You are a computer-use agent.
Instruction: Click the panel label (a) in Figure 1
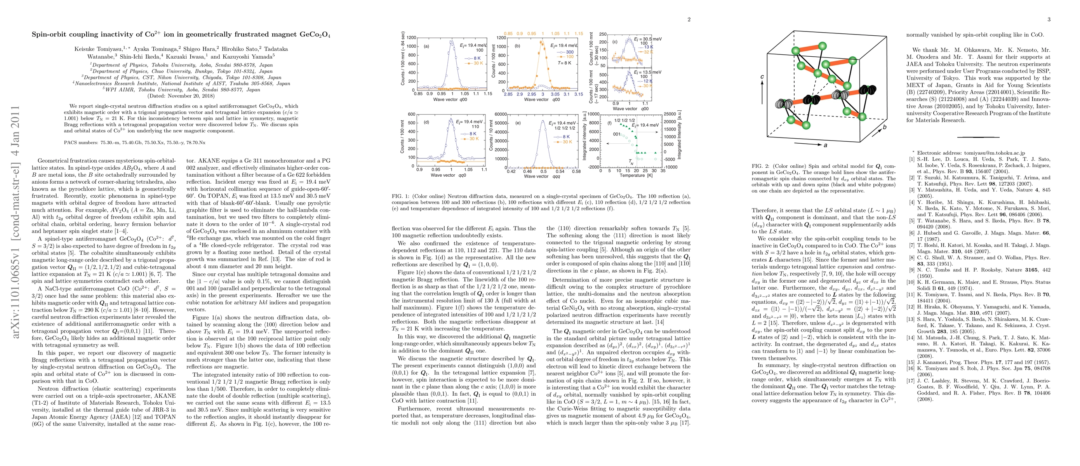point(426,47)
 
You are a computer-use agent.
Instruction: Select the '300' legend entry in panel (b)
point(570,52)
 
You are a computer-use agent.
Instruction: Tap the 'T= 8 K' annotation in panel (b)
point(564,63)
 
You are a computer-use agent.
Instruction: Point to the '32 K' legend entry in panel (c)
point(648,52)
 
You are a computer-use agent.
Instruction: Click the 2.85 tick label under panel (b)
point(508,94)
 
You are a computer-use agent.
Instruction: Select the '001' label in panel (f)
point(617,134)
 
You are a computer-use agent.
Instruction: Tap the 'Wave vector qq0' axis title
point(448,175)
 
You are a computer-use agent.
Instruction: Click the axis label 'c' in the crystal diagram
point(762,77)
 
